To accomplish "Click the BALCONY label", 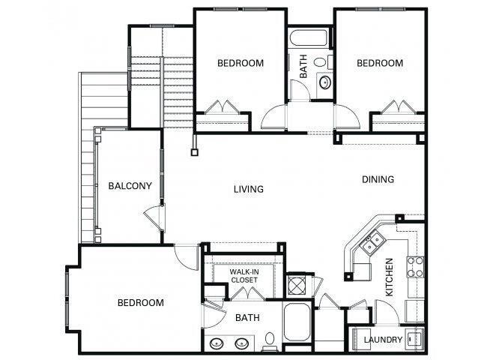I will [x=130, y=186].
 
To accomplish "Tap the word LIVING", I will [x=248, y=189].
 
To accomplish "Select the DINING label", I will [x=378, y=179].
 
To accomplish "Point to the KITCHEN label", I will [x=390, y=277].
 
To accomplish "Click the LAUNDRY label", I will [x=383, y=340].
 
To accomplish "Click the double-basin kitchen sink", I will [x=372, y=242].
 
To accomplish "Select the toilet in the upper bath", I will [x=321, y=62].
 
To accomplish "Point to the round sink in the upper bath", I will [x=326, y=82].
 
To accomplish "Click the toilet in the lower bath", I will [x=270, y=342].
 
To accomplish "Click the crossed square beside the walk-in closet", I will [x=296, y=285].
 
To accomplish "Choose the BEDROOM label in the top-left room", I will [x=240, y=64].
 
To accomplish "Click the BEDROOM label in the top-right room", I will [x=379, y=64].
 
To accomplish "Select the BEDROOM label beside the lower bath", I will [x=141, y=303].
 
